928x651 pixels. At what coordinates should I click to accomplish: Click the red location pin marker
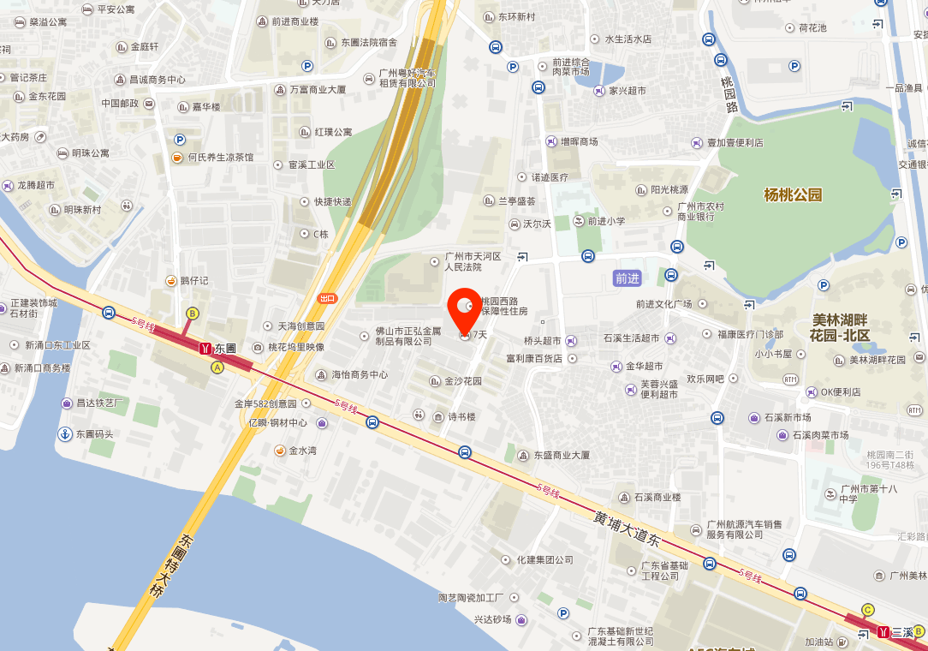(x=464, y=309)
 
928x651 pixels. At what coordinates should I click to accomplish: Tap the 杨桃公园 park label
(x=793, y=194)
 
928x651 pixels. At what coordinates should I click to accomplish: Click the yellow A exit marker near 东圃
(x=217, y=367)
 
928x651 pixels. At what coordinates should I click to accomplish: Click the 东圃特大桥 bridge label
(x=172, y=573)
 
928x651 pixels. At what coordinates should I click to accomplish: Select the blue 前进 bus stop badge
(x=628, y=278)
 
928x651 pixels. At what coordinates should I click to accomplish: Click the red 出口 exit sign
(x=327, y=298)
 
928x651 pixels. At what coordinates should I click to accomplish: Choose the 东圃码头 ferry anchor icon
(x=64, y=434)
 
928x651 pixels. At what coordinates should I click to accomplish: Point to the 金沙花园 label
(x=462, y=381)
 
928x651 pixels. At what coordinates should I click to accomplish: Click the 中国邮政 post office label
(x=120, y=104)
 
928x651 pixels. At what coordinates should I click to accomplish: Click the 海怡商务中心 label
(x=359, y=374)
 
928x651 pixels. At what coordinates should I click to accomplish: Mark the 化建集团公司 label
(x=544, y=559)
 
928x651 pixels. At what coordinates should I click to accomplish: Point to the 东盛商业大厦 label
(x=561, y=456)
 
